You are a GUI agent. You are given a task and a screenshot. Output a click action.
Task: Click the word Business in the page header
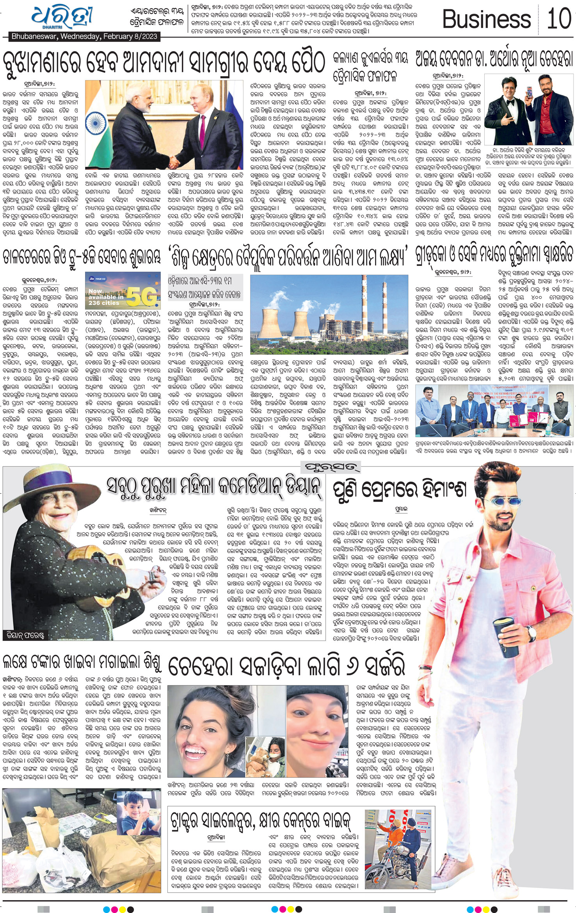[x=486, y=19]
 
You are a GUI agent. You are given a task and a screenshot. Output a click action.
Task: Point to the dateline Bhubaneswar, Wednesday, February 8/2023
[x=84, y=36]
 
